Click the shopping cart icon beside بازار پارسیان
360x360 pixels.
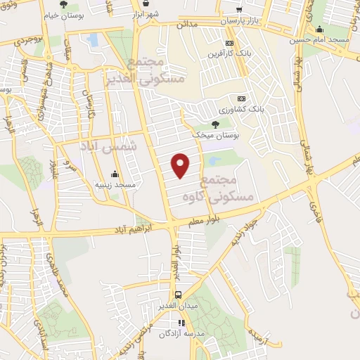point(240,10)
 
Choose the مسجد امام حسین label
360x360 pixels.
point(319,40)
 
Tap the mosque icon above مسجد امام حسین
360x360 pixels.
point(320,29)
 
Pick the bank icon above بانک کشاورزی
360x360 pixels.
point(242,98)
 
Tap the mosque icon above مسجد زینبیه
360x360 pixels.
point(115,174)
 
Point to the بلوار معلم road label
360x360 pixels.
point(205,222)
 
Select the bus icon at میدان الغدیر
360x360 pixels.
point(178,295)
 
